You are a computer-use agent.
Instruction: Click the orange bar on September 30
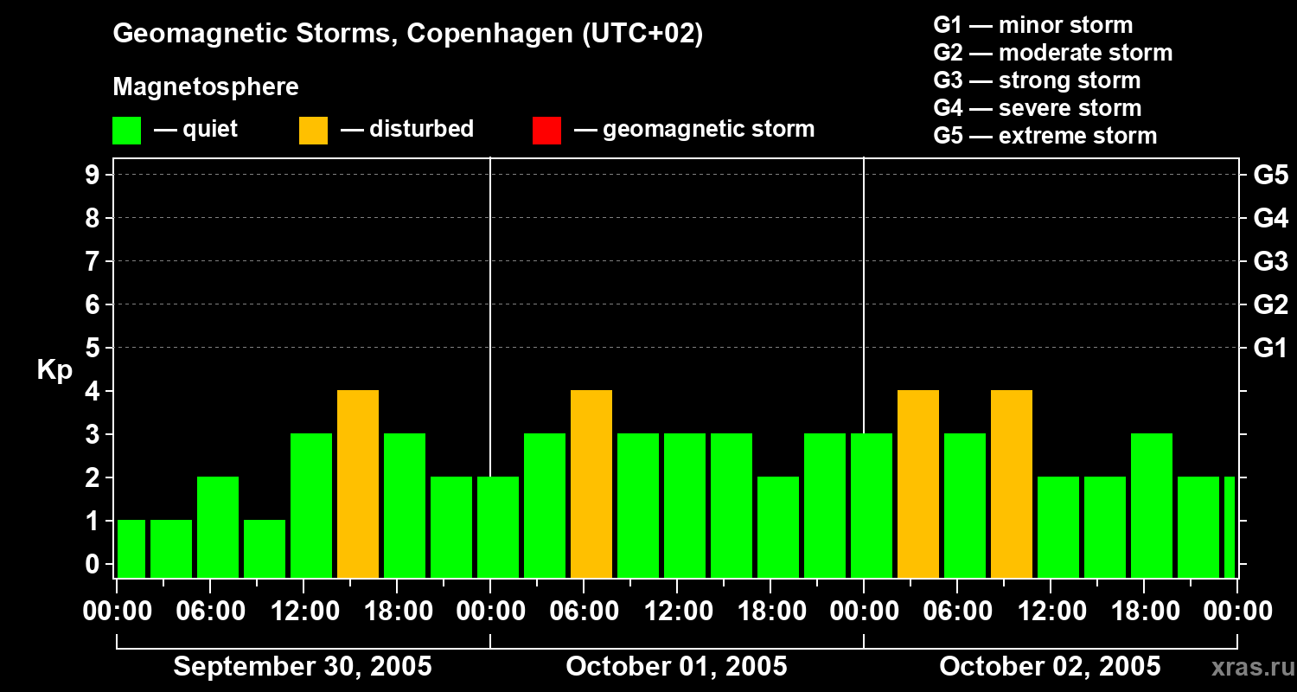click(358, 484)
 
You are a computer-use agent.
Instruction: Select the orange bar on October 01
click(591, 484)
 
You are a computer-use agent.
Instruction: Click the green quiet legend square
click(127, 131)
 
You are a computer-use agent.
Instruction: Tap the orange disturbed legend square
click(313, 131)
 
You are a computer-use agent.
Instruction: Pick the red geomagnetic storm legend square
click(546, 131)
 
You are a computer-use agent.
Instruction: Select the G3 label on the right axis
click(1270, 261)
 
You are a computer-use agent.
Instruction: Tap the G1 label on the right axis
click(1270, 348)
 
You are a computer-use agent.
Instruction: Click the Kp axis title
click(54, 370)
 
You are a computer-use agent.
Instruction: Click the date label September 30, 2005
click(303, 667)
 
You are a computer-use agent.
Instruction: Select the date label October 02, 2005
click(1050, 667)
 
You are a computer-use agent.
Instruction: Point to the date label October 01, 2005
click(676, 667)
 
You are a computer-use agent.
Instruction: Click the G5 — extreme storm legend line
click(1045, 136)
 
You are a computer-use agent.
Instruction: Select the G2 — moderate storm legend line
click(1052, 53)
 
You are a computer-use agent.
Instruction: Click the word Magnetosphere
click(206, 87)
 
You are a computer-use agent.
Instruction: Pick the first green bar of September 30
click(131, 549)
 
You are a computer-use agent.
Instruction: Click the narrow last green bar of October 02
click(1230, 528)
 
